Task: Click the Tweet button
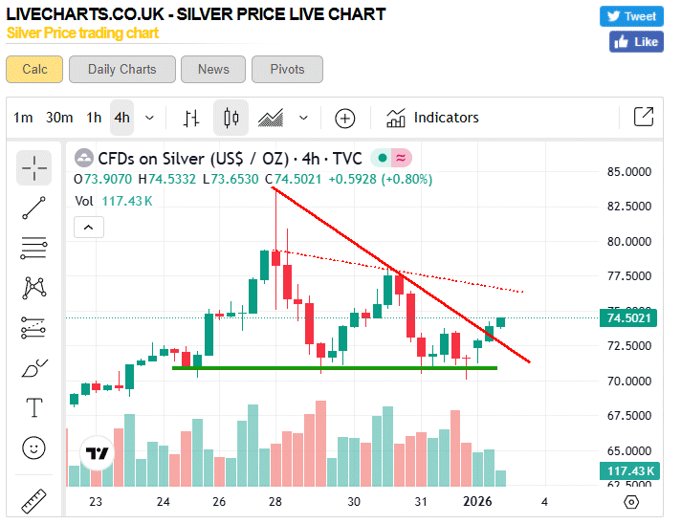tap(631, 16)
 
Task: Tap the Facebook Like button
tap(636, 42)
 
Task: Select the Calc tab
tap(34, 69)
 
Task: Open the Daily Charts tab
tap(121, 69)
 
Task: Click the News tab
tap(213, 69)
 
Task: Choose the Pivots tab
tap(287, 69)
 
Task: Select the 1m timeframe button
tap(23, 118)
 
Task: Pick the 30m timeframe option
tap(59, 118)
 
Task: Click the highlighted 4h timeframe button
tap(121, 118)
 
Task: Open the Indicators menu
tap(431, 118)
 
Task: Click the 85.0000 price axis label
tap(629, 172)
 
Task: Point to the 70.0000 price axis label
tap(629, 382)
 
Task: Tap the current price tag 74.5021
tap(629, 318)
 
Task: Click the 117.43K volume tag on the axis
tap(629, 470)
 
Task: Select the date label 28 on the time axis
tap(275, 502)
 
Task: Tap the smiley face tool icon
tap(34, 448)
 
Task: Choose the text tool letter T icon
tap(34, 408)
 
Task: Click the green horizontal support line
tap(335, 368)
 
